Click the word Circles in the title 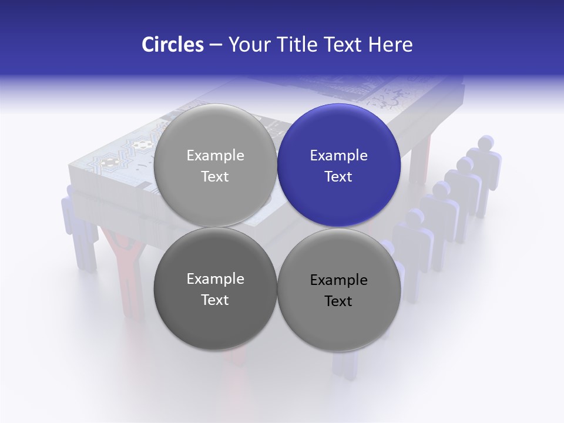tap(173, 45)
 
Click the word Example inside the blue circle tap(339, 156)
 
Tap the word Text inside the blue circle tap(339, 177)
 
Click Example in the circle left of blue tap(215, 156)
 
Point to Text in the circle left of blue tap(215, 177)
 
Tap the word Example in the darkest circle tap(215, 279)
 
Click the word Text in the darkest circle tap(215, 300)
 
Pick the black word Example tap(339, 280)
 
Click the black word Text tap(339, 301)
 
